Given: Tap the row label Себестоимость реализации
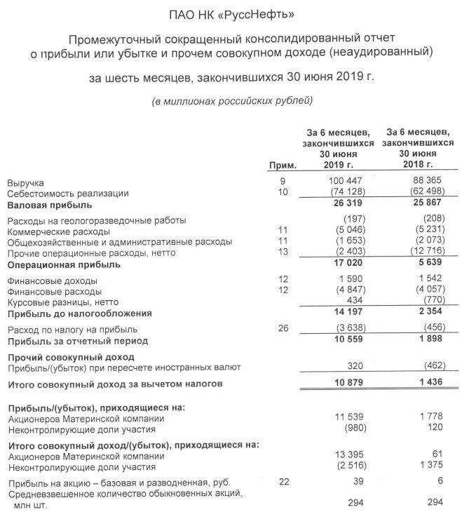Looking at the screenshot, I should tap(68, 193).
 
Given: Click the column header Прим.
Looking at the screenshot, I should tap(283, 166).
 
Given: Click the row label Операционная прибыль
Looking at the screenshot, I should tap(64, 264).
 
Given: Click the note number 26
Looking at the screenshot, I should tap(283, 328).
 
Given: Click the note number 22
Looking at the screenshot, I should tap(283, 481).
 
